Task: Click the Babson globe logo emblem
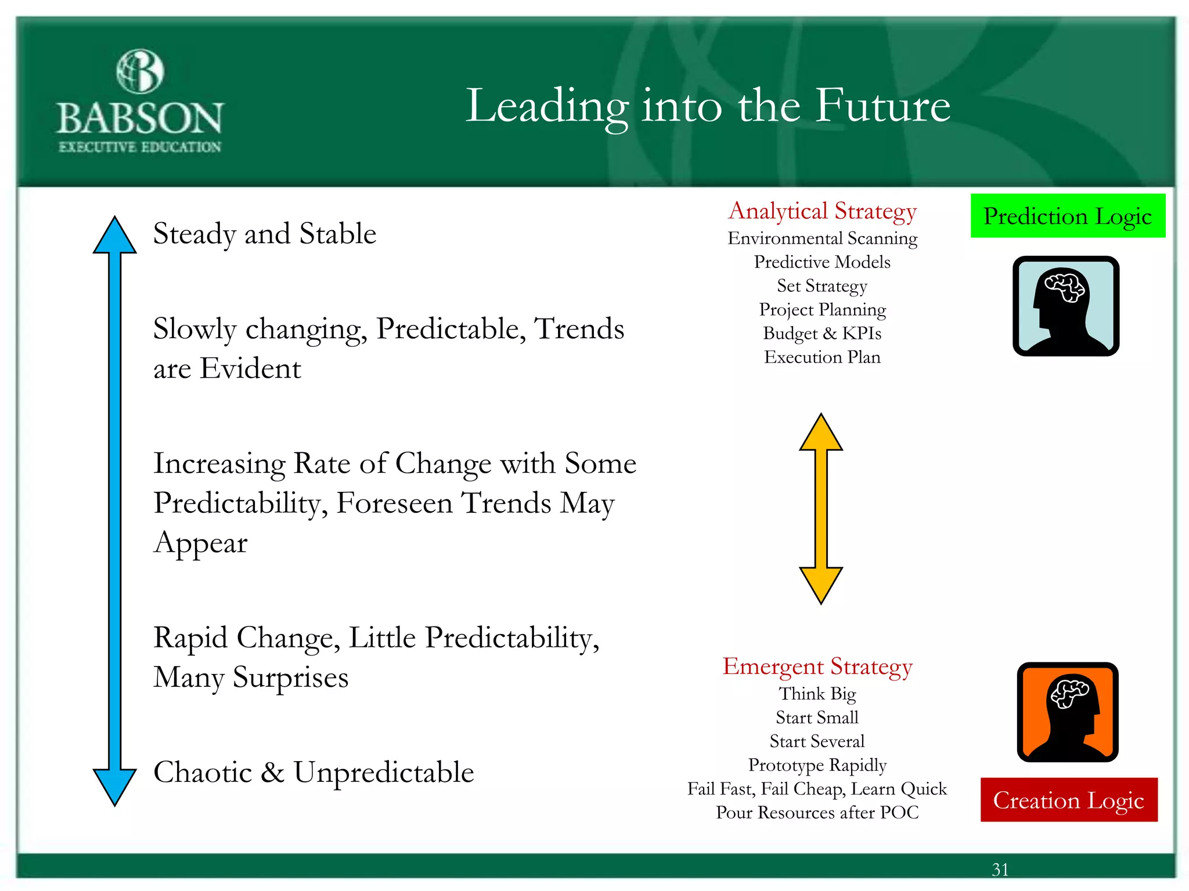140,71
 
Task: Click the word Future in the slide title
882,106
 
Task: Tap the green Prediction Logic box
1068,216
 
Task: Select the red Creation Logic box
1069,800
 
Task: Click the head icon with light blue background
1066,306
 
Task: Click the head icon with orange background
1068,712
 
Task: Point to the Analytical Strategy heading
822,211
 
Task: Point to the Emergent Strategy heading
817,667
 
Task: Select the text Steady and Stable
265,234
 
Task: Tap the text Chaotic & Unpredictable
314,773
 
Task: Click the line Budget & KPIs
822,334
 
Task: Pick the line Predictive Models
822,262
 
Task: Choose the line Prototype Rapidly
817,765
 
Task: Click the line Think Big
817,694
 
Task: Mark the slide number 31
1000,870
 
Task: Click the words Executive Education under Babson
140,147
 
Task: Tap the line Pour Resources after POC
817,813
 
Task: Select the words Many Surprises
251,678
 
